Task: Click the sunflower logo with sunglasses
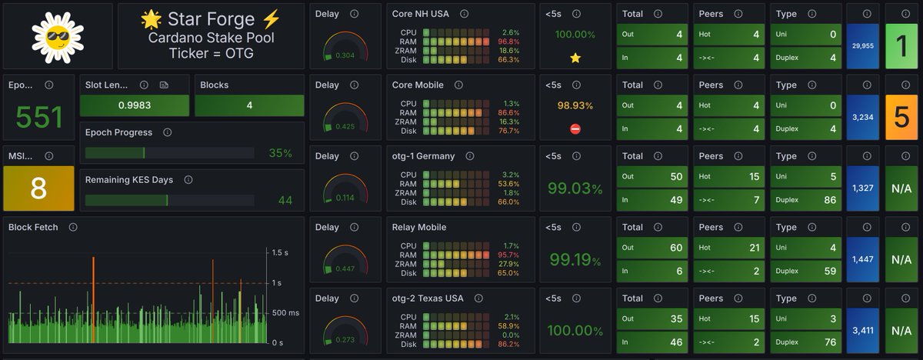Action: tap(58, 36)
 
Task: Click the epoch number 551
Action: tap(39, 117)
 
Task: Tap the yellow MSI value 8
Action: tap(39, 188)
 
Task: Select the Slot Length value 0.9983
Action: tap(135, 105)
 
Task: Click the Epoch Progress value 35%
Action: tap(280, 153)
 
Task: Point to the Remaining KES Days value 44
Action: tap(285, 201)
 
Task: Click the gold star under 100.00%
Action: tap(575, 58)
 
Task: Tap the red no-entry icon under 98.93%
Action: tap(575, 129)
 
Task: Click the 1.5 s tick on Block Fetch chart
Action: tap(280, 252)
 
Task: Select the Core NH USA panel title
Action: tap(421, 14)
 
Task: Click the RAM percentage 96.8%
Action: tap(508, 42)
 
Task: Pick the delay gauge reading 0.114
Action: tap(345, 198)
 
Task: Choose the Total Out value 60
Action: tap(675, 248)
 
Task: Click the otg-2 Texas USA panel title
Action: tap(428, 298)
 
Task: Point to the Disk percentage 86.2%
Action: tap(508, 345)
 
